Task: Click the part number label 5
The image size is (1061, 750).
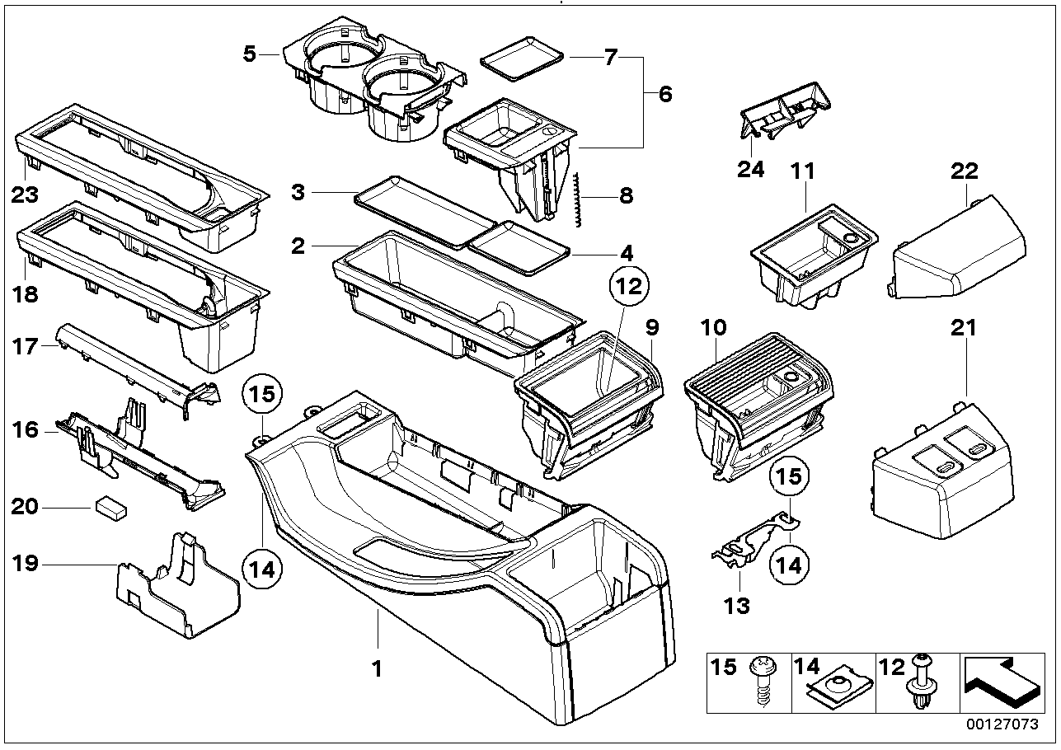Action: (249, 55)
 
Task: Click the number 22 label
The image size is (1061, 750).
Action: (964, 171)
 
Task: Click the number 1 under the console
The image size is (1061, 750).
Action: (377, 669)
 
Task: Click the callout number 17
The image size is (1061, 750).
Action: (26, 346)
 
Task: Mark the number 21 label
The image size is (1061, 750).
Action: (964, 328)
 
